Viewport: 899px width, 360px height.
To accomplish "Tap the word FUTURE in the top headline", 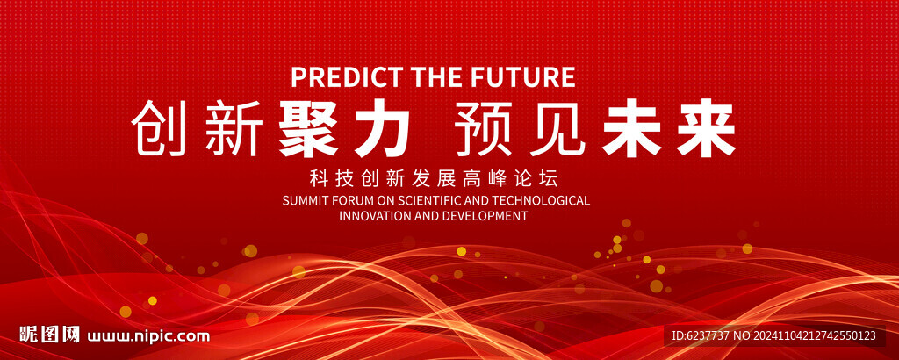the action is point(525,76).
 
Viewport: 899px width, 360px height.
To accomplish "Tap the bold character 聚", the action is point(308,128).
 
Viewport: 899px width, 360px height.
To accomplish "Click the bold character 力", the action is point(383,128).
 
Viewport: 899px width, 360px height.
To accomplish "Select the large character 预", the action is point(484,128).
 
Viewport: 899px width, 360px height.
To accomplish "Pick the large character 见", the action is point(557,128).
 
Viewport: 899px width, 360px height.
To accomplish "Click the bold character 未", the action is point(631,128).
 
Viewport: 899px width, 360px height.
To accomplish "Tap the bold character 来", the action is point(706,128).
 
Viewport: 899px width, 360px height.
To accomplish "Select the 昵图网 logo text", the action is point(49,335).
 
